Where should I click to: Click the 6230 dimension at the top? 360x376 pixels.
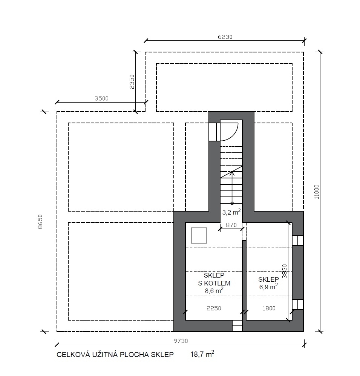click(x=225, y=37)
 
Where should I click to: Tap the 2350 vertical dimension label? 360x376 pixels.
click(x=132, y=82)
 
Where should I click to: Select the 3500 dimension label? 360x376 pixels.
click(x=102, y=98)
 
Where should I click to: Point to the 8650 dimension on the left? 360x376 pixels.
click(x=40, y=222)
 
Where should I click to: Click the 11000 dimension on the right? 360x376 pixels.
click(x=317, y=192)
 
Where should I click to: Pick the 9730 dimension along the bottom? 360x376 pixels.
click(x=181, y=341)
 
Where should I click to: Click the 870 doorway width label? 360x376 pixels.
click(x=231, y=225)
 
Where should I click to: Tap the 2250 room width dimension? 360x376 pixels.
click(x=214, y=308)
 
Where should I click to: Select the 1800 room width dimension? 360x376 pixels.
click(x=269, y=308)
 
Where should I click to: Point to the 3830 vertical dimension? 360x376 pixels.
click(x=285, y=271)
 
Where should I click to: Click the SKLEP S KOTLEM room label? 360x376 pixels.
click(x=214, y=279)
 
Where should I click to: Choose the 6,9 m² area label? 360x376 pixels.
click(x=268, y=287)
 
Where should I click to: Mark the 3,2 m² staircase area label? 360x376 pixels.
click(x=231, y=212)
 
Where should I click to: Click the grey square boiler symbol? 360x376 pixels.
click(x=199, y=235)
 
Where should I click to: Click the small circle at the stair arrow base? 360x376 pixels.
click(x=232, y=203)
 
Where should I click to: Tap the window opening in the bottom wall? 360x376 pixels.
click(x=237, y=326)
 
